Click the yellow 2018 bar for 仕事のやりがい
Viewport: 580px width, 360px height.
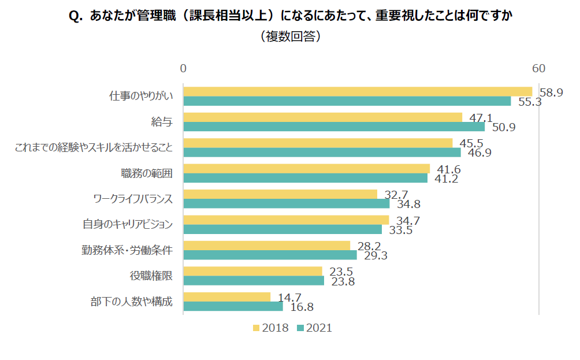358,91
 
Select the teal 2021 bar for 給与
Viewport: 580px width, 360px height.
334,127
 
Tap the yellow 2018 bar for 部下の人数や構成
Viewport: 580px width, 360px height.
226,296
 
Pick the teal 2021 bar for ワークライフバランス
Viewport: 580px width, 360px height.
286,203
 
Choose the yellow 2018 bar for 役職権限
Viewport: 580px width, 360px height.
252,271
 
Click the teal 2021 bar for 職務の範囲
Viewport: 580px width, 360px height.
305,178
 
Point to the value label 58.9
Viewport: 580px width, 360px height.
551,92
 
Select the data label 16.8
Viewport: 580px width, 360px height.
302,307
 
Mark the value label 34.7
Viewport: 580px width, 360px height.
407,220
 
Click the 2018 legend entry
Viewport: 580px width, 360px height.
270,328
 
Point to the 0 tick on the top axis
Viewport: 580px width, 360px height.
183,69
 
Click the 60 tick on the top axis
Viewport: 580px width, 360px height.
538,69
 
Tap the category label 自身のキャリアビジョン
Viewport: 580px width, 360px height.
128,224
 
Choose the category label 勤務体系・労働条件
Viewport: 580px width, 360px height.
127,250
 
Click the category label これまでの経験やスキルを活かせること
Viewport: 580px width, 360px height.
94,147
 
